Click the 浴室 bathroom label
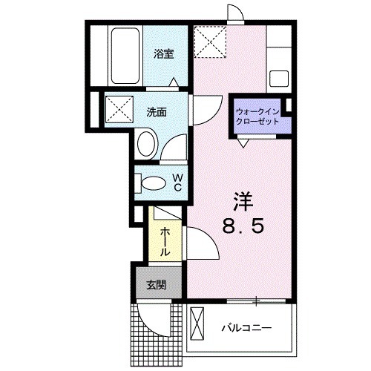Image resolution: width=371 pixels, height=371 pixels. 163,53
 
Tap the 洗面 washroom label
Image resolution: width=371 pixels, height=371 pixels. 156,112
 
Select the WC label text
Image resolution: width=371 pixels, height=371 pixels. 178,182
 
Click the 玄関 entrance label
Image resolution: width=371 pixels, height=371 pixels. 155,283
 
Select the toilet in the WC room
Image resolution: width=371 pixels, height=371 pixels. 154,182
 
